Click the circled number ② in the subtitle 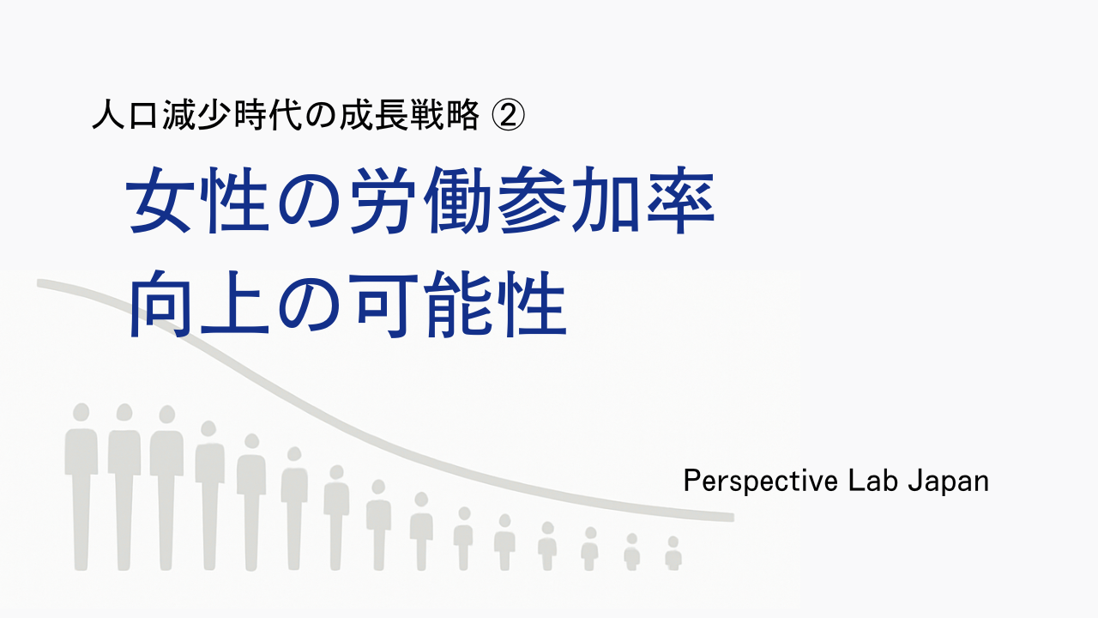tap(508, 115)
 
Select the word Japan tap(949, 482)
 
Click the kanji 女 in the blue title tap(160, 200)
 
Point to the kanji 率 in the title tap(681, 200)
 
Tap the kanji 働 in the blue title tap(457, 200)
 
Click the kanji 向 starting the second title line tap(160, 304)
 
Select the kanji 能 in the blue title tap(457, 304)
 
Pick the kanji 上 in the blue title tap(234, 304)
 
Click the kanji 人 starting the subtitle tap(109, 115)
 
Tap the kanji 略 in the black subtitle tap(462, 115)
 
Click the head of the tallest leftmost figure tap(81, 412)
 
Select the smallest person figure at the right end tap(673, 554)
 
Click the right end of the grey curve tap(733, 518)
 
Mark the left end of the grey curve tap(39, 283)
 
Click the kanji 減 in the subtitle tap(179, 115)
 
